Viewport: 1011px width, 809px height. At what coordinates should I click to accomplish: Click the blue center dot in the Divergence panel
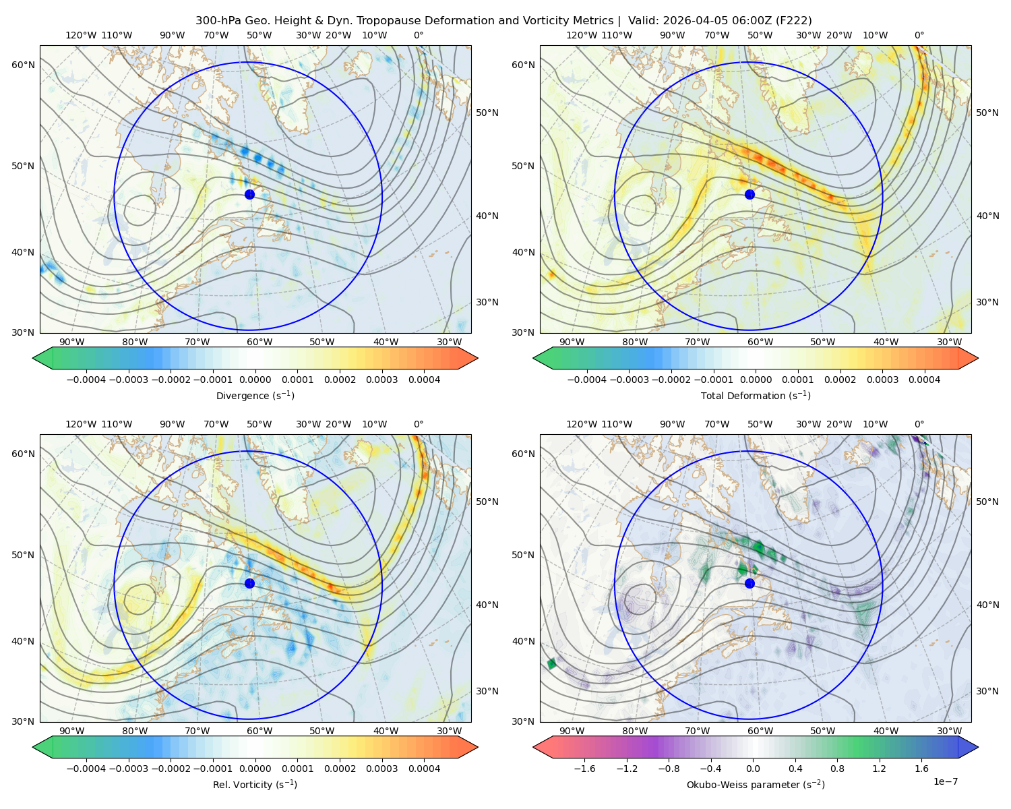pos(249,194)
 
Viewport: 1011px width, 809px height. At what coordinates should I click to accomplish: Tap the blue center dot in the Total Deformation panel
pos(749,194)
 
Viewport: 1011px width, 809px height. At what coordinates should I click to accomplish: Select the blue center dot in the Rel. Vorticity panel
pos(249,583)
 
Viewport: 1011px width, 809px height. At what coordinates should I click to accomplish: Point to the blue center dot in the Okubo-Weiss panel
pos(749,583)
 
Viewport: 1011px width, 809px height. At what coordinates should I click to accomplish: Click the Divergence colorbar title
pos(255,395)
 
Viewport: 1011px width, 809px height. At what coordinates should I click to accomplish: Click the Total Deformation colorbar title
pos(756,395)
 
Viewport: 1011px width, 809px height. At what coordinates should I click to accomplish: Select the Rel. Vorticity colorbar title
pos(255,785)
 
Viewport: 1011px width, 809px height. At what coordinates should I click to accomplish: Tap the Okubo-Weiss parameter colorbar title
pos(756,785)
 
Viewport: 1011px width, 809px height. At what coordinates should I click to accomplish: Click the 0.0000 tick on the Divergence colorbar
pos(255,380)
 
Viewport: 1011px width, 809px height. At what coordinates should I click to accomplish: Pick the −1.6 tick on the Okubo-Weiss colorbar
pos(584,769)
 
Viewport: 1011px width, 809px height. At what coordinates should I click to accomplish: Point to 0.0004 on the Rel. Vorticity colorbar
pos(424,769)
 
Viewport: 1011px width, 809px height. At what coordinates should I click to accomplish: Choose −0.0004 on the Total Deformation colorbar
pos(587,380)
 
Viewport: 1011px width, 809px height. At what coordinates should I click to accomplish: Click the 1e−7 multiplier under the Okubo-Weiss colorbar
pos(945,781)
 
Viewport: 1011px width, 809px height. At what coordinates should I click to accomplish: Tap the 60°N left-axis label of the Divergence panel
pos(23,65)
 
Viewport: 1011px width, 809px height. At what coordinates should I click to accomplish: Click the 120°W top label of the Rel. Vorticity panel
pos(81,424)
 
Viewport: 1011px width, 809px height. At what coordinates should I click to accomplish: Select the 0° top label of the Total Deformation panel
pos(919,35)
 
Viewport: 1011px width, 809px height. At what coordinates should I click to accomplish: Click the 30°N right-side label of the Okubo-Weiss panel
pos(987,691)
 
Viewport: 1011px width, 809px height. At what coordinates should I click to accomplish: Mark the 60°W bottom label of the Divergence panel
pos(259,342)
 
